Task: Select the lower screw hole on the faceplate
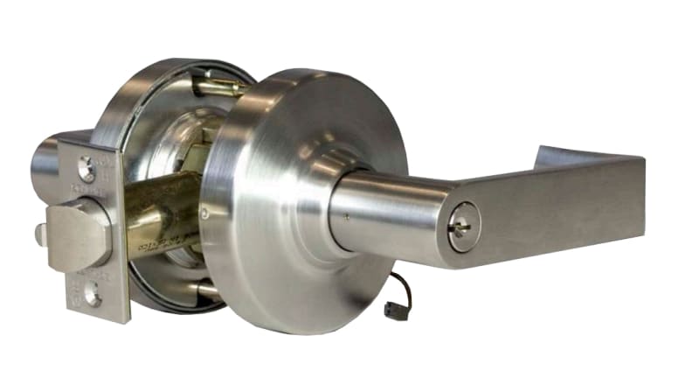(x=92, y=296)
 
